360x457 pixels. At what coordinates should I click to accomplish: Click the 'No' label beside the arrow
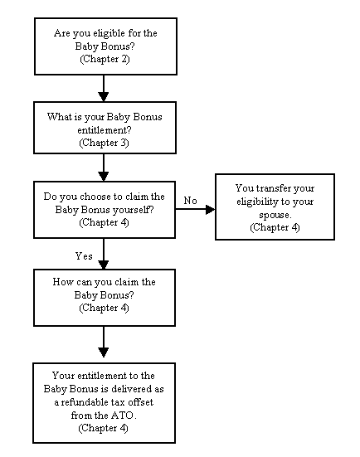click(x=190, y=201)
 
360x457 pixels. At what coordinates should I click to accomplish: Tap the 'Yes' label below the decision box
click(x=84, y=256)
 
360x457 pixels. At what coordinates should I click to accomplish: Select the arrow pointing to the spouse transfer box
click(x=195, y=209)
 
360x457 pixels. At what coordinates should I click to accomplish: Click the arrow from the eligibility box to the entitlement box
click(x=104, y=88)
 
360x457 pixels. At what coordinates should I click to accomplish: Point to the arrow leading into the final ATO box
click(x=104, y=342)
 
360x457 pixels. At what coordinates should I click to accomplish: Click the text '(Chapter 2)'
click(x=105, y=59)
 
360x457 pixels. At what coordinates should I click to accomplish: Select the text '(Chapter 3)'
click(x=104, y=143)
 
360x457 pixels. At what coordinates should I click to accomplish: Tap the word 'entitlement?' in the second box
click(x=105, y=130)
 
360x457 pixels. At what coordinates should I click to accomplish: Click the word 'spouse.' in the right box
click(x=275, y=215)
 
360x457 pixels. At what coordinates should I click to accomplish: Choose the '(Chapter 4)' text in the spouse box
click(x=275, y=227)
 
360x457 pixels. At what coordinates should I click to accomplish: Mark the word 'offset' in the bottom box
click(x=141, y=402)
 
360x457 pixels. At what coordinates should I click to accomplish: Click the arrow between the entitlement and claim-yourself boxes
click(x=104, y=168)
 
